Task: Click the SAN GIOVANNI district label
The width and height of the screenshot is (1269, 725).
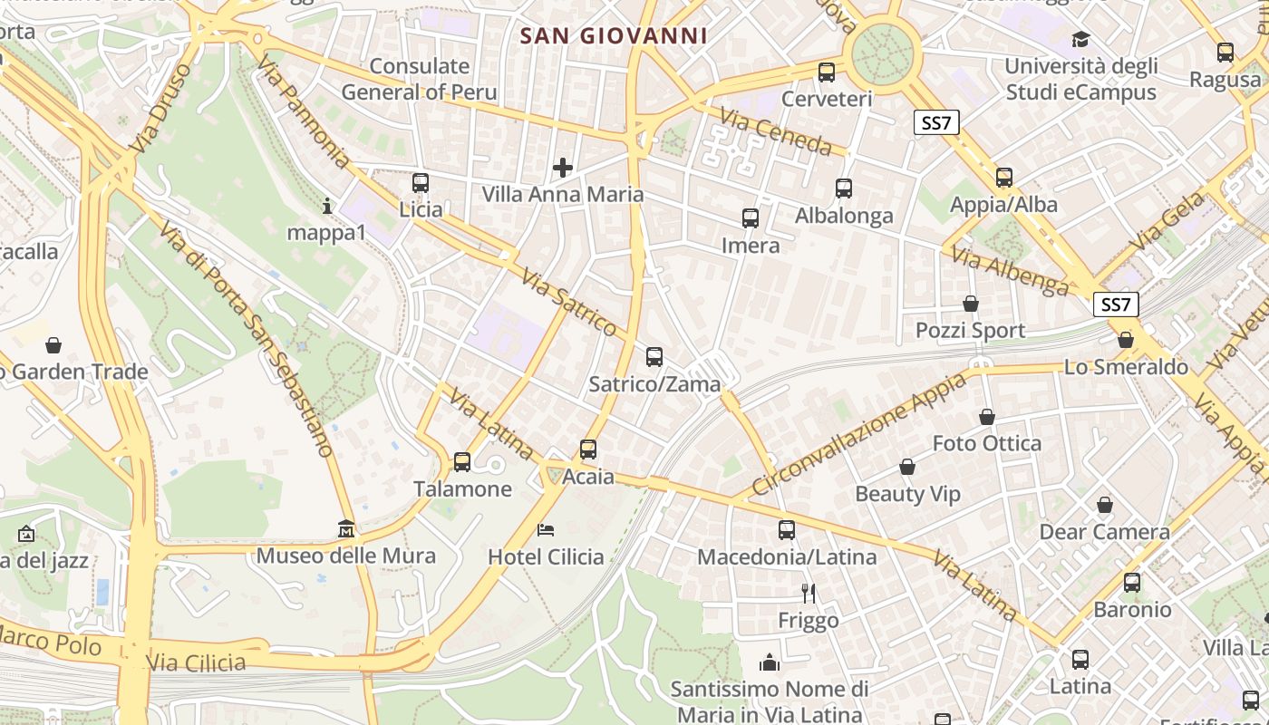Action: tap(613, 35)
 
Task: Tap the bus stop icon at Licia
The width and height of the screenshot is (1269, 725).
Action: tap(420, 183)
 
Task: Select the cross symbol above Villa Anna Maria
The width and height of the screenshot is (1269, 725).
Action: tap(563, 168)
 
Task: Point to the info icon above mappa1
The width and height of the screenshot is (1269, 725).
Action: tap(327, 207)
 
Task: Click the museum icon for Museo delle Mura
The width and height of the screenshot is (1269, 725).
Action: tap(346, 528)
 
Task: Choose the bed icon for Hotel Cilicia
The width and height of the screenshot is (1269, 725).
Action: tap(546, 529)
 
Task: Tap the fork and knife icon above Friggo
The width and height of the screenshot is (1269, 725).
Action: tap(809, 594)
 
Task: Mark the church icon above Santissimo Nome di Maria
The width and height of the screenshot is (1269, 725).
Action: tap(770, 662)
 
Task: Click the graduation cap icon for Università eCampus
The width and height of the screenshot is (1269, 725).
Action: tap(1080, 39)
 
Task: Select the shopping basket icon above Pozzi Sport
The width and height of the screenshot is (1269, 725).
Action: tap(971, 304)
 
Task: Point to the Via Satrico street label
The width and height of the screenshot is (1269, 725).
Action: tap(569, 301)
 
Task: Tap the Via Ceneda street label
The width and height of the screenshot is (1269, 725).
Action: tap(776, 130)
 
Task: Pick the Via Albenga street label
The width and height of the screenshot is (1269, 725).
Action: tap(1011, 270)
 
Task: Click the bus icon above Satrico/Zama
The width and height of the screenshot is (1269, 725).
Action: tap(654, 357)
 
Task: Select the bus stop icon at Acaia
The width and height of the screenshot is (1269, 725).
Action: tap(588, 449)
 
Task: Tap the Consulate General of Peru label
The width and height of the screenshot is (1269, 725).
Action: tap(420, 79)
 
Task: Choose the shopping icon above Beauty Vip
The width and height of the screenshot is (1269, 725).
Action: tap(907, 468)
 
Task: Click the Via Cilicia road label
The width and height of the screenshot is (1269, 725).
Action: tap(196, 662)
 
